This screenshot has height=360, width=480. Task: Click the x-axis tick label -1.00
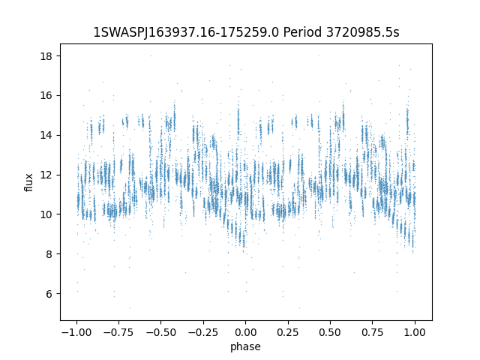(x=76, y=332)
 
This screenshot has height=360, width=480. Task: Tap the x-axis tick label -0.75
(x=118, y=332)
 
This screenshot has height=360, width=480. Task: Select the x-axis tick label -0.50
(x=160, y=332)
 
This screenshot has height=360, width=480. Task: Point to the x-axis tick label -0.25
(x=202, y=332)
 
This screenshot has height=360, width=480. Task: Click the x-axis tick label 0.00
(x=245, y=332)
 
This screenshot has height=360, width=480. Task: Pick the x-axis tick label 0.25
(x=288, y=332)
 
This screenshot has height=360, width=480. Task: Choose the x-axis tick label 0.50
(x=330, y=332)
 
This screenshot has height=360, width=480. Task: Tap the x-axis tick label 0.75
(x=373, y=332)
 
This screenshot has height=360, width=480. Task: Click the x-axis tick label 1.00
(x=415, y=332)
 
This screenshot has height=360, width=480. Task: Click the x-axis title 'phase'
(x=245, y=346)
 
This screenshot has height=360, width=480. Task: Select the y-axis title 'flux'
(x=29, y=182)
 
